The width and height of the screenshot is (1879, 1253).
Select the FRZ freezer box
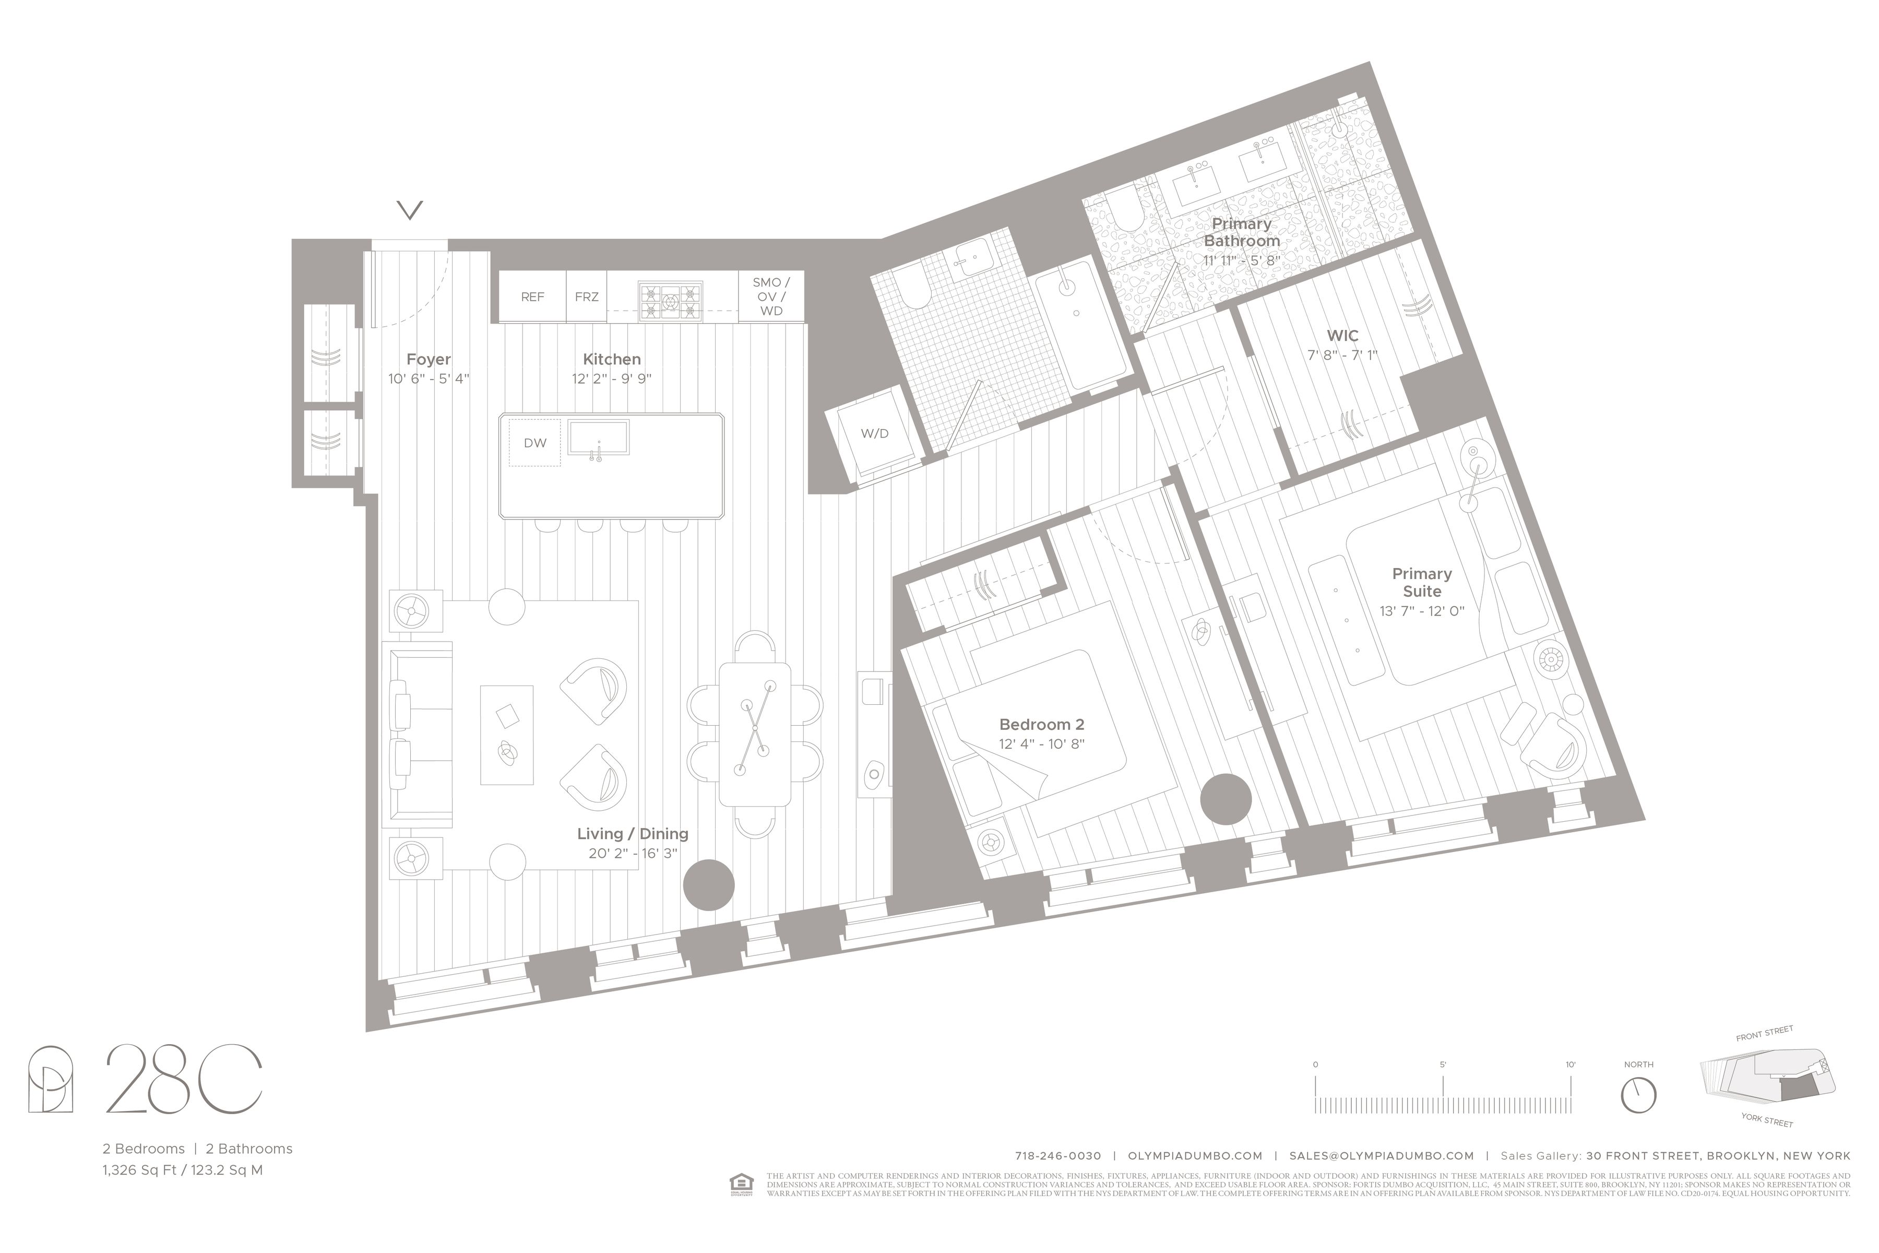point(586,297)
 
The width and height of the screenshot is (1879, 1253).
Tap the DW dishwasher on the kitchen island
point(534,443)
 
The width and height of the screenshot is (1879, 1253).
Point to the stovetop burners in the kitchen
point(670,301)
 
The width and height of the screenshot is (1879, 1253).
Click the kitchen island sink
point(598,438)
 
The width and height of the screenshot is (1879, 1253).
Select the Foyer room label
point(428,360)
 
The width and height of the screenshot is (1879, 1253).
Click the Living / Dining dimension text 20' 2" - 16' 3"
point(633,854)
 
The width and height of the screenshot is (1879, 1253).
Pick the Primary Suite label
point(1421,583)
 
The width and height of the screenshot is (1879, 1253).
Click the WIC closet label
point(1342,336)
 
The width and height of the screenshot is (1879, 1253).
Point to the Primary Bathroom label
point(1242,232)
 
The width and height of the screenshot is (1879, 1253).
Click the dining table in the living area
point(754,734)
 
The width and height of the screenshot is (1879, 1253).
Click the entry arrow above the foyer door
point(410,210)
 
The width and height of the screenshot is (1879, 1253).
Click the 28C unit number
point(184,1080)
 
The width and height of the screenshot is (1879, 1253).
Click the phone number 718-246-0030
point(1058,1155)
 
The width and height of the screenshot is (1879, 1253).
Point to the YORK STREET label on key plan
point(1767,1120)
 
